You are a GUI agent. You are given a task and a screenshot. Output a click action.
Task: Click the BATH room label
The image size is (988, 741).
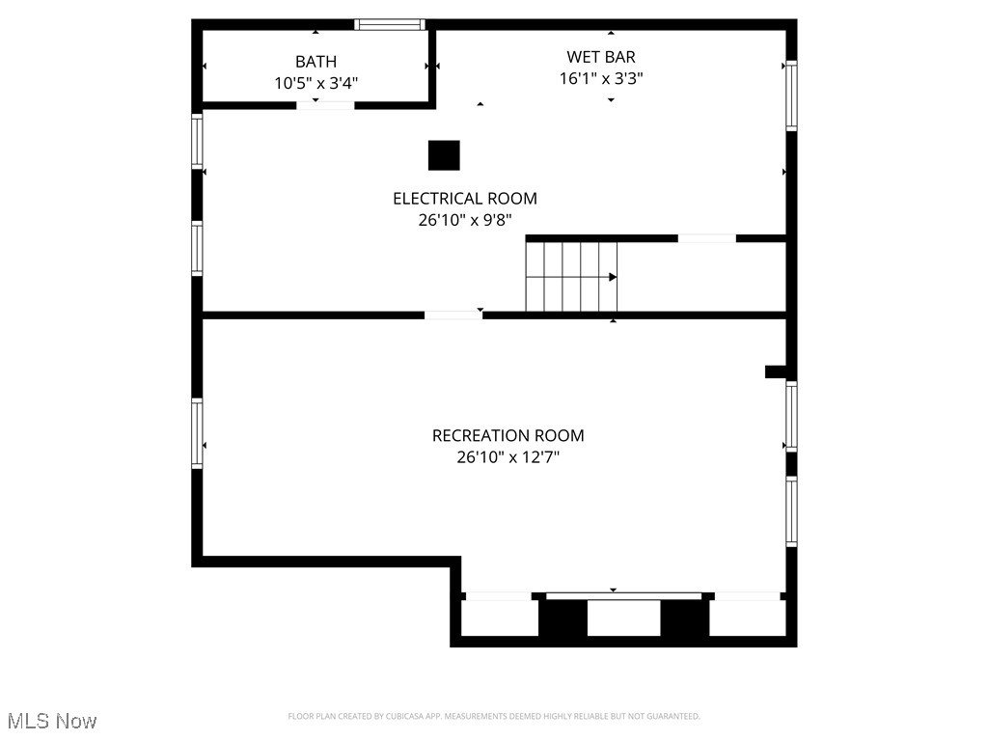click(316, 63)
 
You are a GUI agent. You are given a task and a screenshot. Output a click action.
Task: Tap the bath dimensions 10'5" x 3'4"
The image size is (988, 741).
click(316, 84)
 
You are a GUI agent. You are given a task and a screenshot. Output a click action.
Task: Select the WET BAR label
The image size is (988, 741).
click(600, 58)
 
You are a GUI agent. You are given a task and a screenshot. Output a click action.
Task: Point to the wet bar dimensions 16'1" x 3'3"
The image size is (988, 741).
click(600, 79)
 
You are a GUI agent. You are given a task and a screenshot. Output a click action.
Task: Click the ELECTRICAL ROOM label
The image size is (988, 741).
click(464, 199)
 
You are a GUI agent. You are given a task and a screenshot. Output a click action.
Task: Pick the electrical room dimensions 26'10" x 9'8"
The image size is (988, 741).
click(464, 220)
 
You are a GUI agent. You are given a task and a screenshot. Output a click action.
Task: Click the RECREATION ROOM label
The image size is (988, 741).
click(508, 436)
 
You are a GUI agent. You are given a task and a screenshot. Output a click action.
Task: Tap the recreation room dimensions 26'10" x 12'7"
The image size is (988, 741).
click(508, 457)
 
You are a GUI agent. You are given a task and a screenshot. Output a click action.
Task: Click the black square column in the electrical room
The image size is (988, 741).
click(444, 155)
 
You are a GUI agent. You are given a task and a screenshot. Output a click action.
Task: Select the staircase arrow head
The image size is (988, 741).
click(613, 277)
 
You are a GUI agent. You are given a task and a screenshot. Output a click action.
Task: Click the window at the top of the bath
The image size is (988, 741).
click(390, 25)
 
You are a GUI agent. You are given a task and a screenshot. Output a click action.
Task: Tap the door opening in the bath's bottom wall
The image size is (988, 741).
click(325, 105)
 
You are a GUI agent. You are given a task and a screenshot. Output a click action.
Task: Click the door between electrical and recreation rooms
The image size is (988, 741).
click(453, 315)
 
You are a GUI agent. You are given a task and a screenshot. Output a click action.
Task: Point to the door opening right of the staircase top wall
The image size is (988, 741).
click(706, 238)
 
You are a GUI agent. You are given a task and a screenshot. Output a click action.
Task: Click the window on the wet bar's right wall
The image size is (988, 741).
click(791, 96)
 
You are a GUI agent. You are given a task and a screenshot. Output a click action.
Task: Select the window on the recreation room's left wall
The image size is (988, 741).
click(198, 433)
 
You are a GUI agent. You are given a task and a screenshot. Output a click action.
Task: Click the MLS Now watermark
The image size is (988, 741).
click(52, 721)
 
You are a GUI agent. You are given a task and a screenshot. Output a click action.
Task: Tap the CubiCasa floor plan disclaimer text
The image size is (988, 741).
click(493, 716)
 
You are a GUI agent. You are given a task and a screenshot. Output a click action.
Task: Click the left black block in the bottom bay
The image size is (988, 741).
click(563, 617)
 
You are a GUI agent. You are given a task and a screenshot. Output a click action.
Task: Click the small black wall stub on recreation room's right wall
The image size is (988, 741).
click(776, 371)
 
